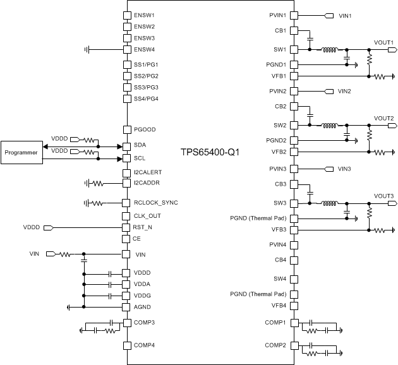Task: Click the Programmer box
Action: tap(21, 152)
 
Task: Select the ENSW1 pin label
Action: tap(145, 15)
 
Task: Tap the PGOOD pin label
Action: tap(145, 129)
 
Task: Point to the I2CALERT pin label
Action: tap(149, 172)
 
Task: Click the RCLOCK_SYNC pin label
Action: tap(156, 203)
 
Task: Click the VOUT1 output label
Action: tap(383, 42)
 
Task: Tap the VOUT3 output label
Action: tap(383, 196)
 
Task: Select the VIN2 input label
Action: tap(344, 91)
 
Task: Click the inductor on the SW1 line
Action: tap(329, 50)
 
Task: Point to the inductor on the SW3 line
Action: tap(329, 203)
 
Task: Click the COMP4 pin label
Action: tap(145, 345)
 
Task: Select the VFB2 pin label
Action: tap(278, 152)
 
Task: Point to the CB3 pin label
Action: tap(280, 184)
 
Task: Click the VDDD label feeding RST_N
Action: tap(32, 227)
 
